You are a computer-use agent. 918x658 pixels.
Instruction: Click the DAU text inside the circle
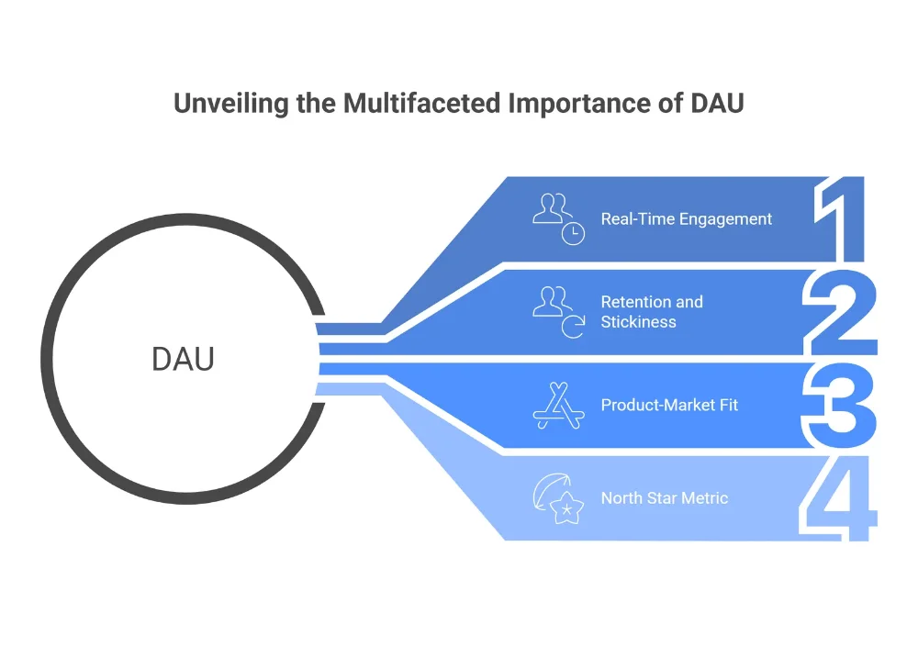point(183,360)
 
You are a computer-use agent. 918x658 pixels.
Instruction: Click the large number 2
point(839,312)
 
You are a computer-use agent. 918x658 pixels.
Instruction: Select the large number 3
point(839,405)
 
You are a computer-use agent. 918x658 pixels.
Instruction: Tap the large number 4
point(839,498)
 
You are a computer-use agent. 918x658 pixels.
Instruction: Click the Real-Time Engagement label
point(686,219)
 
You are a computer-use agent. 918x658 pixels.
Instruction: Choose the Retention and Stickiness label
point(652,312)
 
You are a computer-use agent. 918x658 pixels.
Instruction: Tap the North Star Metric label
point(664,498)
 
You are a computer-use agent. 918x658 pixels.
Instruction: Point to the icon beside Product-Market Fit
point(558,405)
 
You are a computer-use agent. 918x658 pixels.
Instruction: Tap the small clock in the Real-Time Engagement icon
point(573,233)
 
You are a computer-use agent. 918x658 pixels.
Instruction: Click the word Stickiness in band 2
point(638,322)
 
